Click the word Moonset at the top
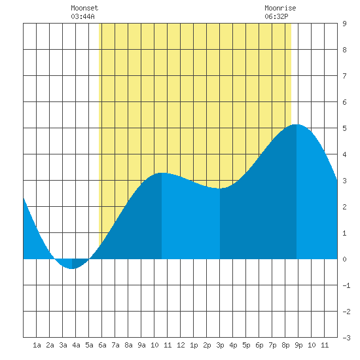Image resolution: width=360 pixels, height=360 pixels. click(x=84, y=8)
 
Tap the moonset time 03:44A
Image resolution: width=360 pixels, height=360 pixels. click(x=82, y=16)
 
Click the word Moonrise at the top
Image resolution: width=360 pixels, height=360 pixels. click(x=280, y=8)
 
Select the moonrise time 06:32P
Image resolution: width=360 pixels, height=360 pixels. click(x=276, y=16)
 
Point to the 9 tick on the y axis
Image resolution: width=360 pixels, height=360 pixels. click(x=344, y=24)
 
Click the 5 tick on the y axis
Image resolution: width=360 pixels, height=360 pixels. click(x=344, y=128)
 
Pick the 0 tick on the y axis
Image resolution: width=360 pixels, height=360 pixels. click(x=344, y=259)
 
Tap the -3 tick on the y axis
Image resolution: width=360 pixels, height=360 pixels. click(x=346, y=338)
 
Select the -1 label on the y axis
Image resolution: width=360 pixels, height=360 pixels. click(x=346, y=285)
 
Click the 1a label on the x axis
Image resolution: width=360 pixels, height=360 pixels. click(x=37, y=345)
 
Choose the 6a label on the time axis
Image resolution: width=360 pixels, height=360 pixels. click(x=102, y=345)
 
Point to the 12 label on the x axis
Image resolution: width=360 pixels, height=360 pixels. click(x=181, y=345)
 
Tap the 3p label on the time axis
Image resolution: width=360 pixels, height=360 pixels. click(x=220, y=345)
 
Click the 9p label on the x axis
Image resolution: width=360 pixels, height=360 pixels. click(x=298, y=345)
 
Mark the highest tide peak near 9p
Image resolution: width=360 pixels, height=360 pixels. click(x=297, y=124)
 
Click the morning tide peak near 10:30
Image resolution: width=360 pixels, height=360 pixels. click(x=162, y=173)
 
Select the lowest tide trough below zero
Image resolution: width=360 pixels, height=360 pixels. click(x=72, y=268)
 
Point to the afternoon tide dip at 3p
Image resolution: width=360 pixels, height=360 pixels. click(x=220, y=189)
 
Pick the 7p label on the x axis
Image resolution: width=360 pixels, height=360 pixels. click(x=272, y=345)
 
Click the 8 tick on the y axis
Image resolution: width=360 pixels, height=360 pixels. click(x=344, y=50)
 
